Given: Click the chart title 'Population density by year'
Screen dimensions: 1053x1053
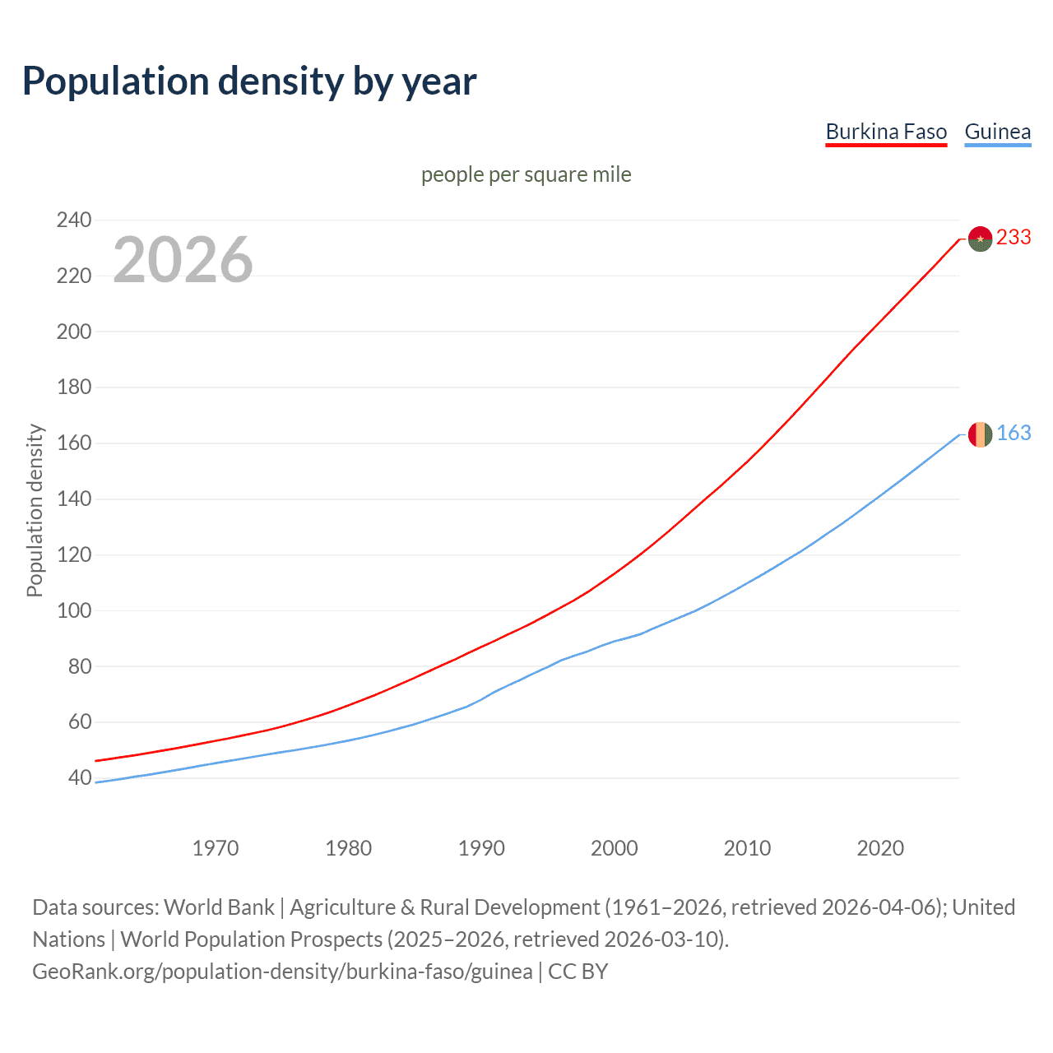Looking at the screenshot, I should tap(249, 81).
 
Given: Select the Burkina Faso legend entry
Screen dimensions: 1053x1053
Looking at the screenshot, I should tap(886, 132).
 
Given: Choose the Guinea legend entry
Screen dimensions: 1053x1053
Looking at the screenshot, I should tap(997, 132).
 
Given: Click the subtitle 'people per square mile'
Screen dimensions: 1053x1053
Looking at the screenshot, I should tap(526, 174).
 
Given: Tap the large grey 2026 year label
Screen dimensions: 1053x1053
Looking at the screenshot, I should tap(183, 260).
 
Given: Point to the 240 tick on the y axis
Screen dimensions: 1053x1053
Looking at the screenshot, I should tap(74, 220).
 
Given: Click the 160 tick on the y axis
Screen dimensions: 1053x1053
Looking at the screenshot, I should tap(74, 443).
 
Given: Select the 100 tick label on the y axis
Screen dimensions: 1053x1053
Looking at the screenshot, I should tap(74, 610).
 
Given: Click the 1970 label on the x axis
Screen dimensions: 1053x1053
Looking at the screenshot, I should tap(216, 848).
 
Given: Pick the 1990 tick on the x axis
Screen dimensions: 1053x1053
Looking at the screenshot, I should tap(481, 848).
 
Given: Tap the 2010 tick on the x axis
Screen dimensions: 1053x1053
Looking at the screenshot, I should tap(747, 848).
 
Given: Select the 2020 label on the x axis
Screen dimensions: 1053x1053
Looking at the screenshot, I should tap(880, 848).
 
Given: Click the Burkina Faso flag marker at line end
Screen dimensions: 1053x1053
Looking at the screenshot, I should tap(980, 239).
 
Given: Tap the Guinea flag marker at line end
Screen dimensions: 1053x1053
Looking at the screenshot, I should tap(980, 434).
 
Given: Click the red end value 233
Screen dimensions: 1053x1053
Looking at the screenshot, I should tap(1014, 238).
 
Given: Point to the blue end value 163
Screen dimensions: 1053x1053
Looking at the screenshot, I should tap(1014, 434).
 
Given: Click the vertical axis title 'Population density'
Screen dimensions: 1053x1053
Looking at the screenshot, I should tap(35, 510).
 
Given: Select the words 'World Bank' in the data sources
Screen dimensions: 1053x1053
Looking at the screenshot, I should tap(219, 907).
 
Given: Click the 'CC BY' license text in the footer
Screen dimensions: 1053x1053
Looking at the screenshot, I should tap(578, 972).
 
